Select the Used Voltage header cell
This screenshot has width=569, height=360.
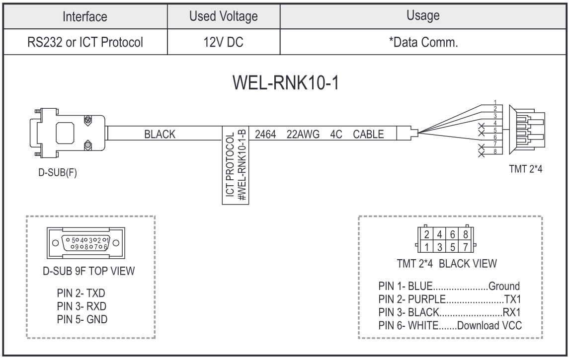click(x=224, y=17)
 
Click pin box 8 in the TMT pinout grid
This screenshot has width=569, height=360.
click(x=465, y=233)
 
